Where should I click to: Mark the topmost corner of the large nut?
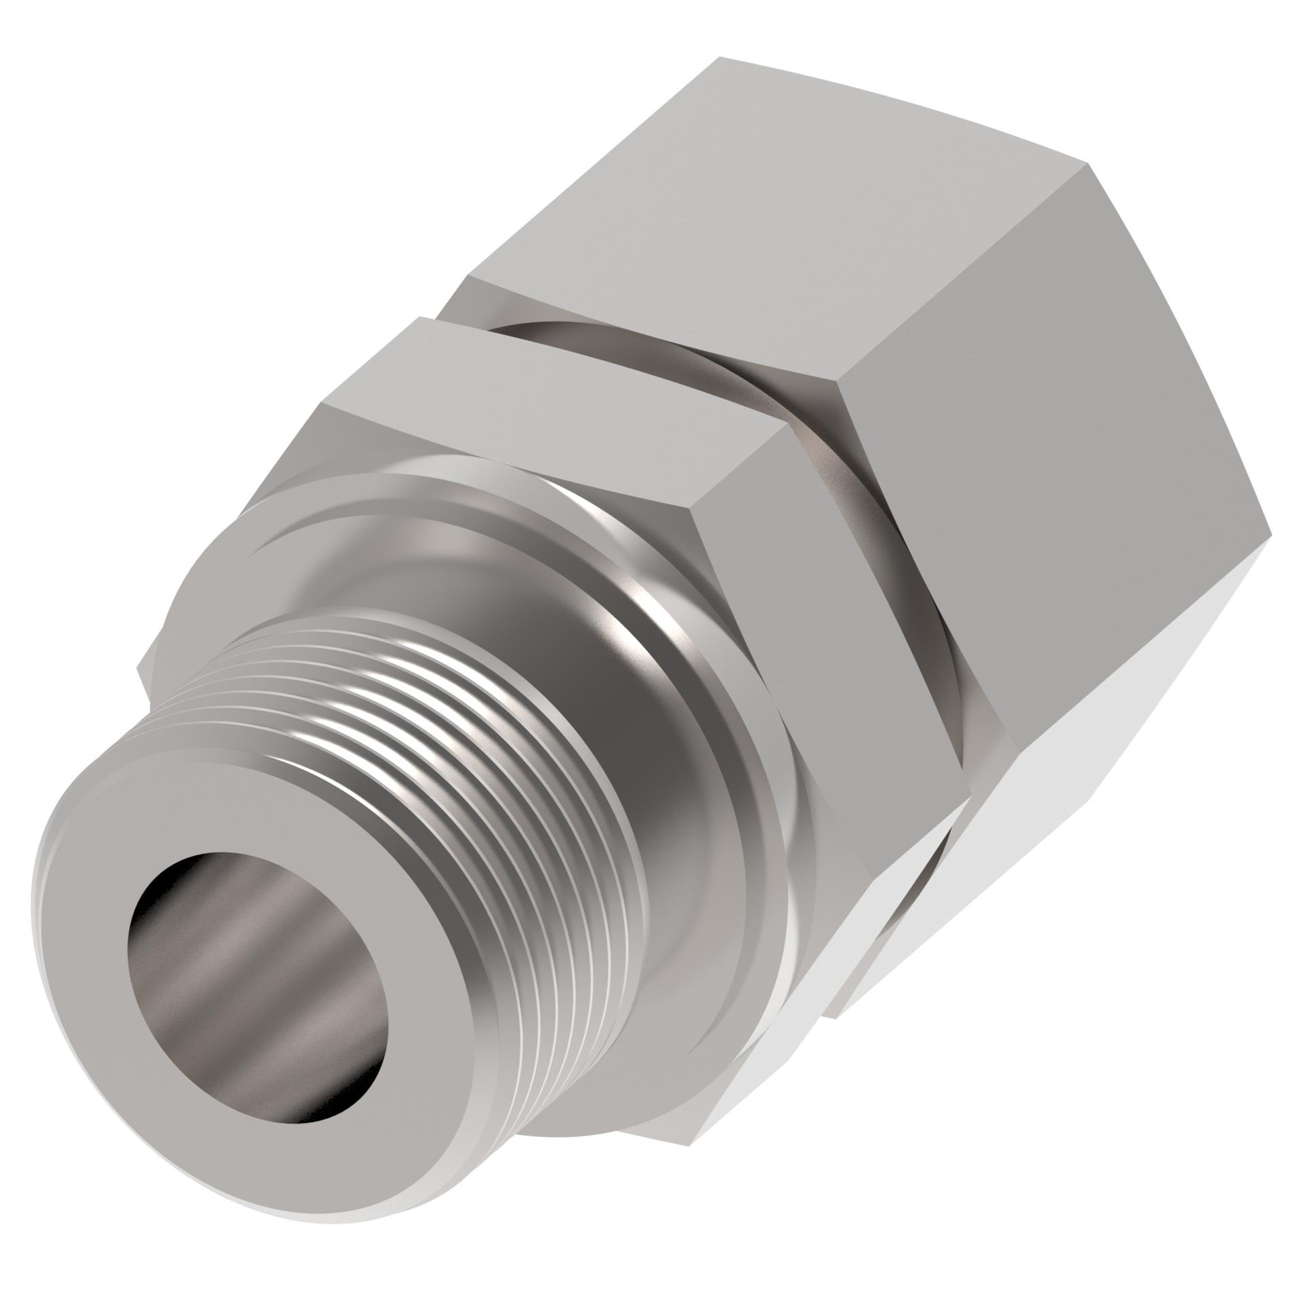pyautogui.click(x=720, y=58)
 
